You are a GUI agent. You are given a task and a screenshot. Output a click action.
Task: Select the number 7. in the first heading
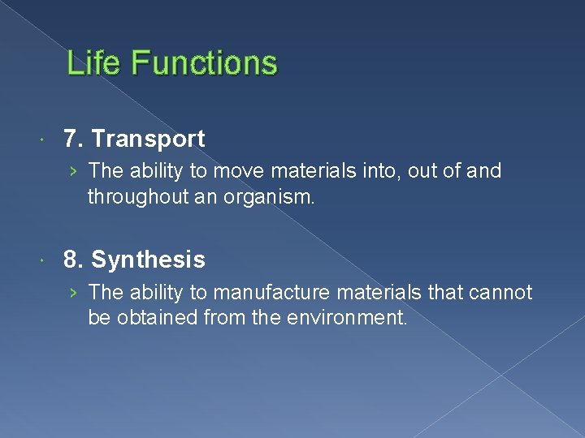click(75, 139)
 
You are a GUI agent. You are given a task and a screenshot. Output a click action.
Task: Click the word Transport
click(148, 139)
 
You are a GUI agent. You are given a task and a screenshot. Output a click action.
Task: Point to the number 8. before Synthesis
click(75, 260)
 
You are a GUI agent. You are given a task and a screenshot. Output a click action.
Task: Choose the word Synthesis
click(148, 260)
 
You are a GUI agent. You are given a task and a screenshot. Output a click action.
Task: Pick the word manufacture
click(261, 292)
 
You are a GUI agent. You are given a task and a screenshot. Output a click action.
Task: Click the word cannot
click(503, 292)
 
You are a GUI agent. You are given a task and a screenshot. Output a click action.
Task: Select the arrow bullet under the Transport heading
click(74, 172)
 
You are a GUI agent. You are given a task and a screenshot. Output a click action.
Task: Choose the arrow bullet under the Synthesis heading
click(74, 293)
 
